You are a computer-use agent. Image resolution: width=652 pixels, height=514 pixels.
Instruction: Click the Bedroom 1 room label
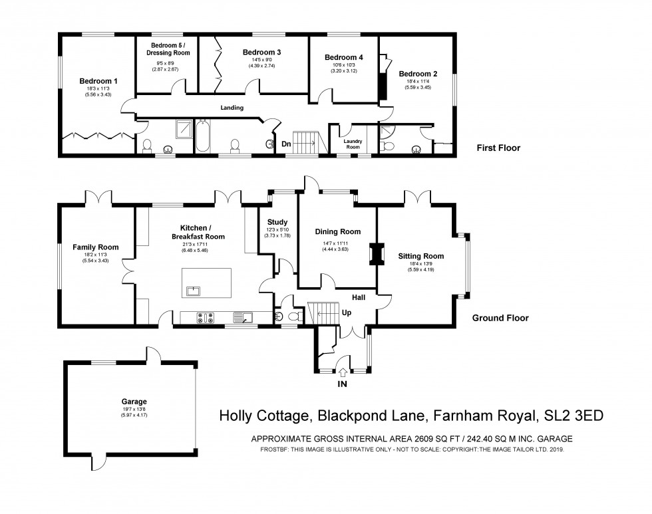pyautogui.click(x=95, y=81)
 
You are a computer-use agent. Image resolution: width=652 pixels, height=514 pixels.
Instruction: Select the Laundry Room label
pyautogui.click(x=353, y=143)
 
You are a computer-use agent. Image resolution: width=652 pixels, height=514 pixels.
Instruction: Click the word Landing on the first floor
pyautogui.click(x=232, y=108)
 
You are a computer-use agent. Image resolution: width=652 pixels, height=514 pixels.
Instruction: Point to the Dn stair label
pyautogui.click(x=286, y=144)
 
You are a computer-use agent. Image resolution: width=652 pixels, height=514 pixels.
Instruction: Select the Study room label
pyautogui.click(x=277, y=222)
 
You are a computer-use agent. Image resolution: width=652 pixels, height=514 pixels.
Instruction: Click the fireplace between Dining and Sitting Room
pyautogui.click(x=378, y=255)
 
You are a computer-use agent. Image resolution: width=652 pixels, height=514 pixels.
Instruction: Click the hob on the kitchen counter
pyautogui.click(x=205, y=319)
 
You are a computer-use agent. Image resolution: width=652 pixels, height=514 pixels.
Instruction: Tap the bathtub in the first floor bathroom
pyautogui.click(x=202, y=136)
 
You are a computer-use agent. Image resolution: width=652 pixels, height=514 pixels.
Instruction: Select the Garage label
pyautogui.click(x=134, y=402)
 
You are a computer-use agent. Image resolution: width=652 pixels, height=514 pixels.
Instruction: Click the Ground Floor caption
pyautogui.click(x=500, y=319)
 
